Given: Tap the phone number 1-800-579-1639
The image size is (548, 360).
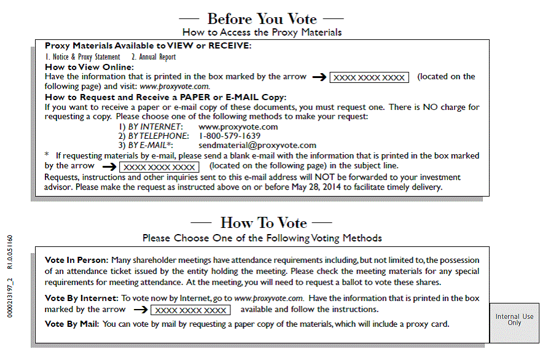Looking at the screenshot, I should click(230, 136).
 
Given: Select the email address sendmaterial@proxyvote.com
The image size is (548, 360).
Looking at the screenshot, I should click(257, 146).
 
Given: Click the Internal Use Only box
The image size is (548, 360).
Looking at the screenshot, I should click(514, 320).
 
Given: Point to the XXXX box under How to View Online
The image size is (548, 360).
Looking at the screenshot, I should click(369, 77).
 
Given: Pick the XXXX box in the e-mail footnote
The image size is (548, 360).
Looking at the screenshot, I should click(159, 166).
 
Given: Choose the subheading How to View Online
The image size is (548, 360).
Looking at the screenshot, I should click(89, 67).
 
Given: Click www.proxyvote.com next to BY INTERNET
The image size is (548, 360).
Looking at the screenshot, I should click(238, 127).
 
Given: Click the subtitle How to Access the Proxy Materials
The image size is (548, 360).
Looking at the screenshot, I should click(262, 32).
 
